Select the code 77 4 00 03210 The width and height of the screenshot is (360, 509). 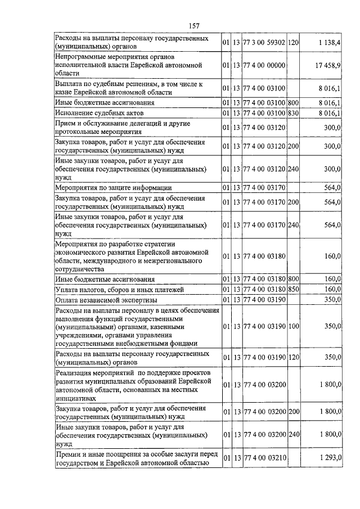[x=264, y=458]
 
